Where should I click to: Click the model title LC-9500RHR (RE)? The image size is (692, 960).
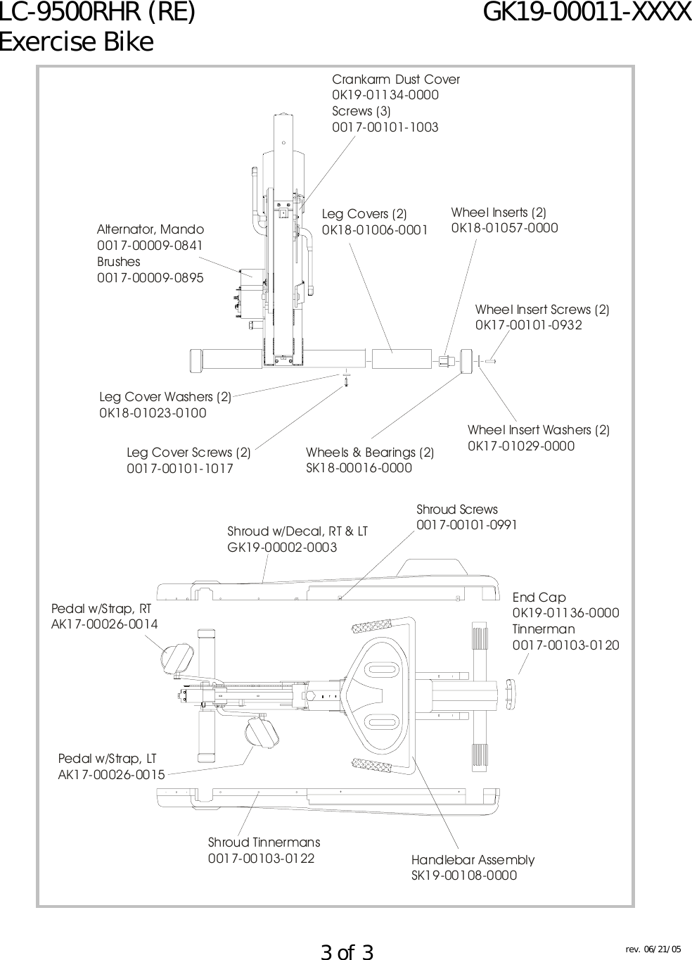tap(98, 13)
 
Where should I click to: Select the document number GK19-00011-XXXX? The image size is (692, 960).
tap(587, 13)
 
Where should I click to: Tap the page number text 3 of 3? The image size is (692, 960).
tap(347, 952)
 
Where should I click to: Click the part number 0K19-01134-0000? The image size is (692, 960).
tap(385, 95)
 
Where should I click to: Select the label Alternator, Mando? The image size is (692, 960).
tap(150, 229)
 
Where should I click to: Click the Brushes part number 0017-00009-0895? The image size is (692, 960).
tap(150, 278)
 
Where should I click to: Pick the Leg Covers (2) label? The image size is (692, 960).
tap(364, 214)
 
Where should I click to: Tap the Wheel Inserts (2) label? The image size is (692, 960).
tap(499, 212)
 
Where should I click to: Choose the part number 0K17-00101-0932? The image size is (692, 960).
tap(529, 325)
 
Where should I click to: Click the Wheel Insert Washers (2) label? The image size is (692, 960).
tap(539, 429)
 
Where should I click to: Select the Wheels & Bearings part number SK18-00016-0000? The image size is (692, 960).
tap(359, 468)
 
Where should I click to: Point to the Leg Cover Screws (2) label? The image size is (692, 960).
tap(188, 452)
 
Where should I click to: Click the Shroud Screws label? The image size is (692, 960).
tap(457, 509)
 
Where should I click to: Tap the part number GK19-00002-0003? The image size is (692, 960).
tap(282, 547)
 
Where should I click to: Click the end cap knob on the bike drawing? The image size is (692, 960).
tap(511, 686)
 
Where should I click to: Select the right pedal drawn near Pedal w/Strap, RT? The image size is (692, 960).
tap(175, 657)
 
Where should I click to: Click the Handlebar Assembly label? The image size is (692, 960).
tap(473, 859)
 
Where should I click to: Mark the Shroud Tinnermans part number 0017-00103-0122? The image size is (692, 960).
tap(261, 859)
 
